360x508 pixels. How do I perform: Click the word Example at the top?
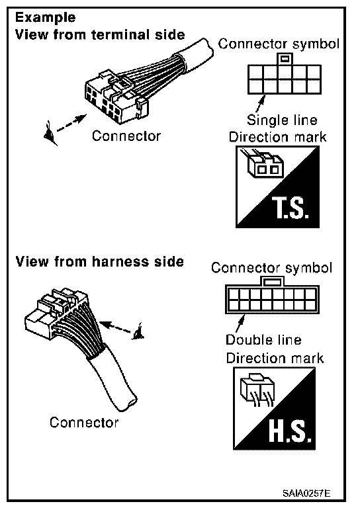[46, 17]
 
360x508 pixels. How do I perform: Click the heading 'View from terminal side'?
[100, 34]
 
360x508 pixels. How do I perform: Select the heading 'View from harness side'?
[100, 261]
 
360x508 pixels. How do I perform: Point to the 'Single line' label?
[282, 120]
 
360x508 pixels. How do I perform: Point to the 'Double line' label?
[263, 340]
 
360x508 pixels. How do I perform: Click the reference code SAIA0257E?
[306, 493]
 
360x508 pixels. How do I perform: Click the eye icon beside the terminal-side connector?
[50, 134]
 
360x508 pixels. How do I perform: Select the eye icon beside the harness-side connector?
[138, 332]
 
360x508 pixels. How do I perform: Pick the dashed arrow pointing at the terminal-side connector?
[72, 123]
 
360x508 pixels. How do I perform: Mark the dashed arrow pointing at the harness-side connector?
[116, 327]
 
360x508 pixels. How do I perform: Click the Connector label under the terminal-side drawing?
[126, 136]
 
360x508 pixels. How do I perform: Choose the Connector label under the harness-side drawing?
[84, 423]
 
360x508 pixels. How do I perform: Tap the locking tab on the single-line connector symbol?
[285, 60]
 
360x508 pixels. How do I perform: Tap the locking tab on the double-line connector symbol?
[271, 281]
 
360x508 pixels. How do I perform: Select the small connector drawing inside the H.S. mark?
[257, 390]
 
